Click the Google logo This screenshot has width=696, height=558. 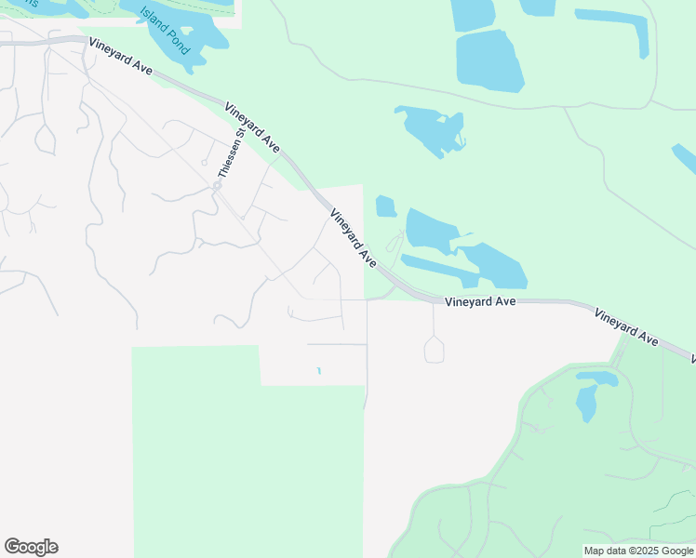[31, 547]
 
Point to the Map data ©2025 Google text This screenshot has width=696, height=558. [638, 551]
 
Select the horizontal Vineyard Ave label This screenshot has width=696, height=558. [479, 302]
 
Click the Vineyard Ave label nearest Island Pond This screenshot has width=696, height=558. [120, 57]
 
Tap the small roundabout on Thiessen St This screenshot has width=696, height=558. [217, 185]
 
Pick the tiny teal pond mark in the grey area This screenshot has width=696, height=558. [319, 371]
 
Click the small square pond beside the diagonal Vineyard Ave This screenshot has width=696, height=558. [385, 206]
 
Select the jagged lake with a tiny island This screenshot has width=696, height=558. [431, 129]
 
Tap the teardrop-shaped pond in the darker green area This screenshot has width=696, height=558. [586, 403]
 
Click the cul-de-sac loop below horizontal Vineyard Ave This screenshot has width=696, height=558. [434, 350]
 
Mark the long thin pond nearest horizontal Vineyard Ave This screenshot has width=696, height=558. [437, 270]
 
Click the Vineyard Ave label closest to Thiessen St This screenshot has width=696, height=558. [252, 126]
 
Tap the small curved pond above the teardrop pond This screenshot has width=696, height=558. [597, 378]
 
